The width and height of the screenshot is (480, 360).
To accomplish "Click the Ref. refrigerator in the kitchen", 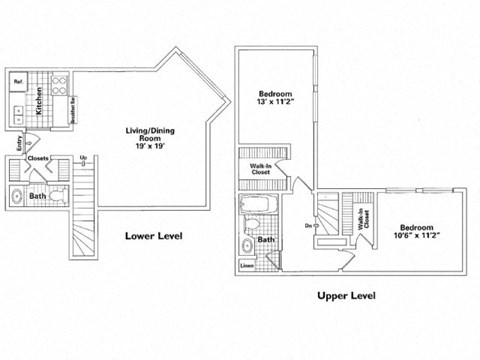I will pos(18,80).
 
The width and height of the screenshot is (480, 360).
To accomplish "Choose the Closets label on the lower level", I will pos(38,158).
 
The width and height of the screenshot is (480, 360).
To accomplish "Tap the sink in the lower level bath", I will pos(19,196).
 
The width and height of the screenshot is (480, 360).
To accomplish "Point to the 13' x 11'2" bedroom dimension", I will pos(277,101).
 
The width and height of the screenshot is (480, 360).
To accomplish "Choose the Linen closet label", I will pos(247,266).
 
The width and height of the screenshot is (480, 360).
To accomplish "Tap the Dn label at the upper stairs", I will pos(306,225).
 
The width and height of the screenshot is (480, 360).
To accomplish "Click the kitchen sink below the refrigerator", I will pos(17,107).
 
